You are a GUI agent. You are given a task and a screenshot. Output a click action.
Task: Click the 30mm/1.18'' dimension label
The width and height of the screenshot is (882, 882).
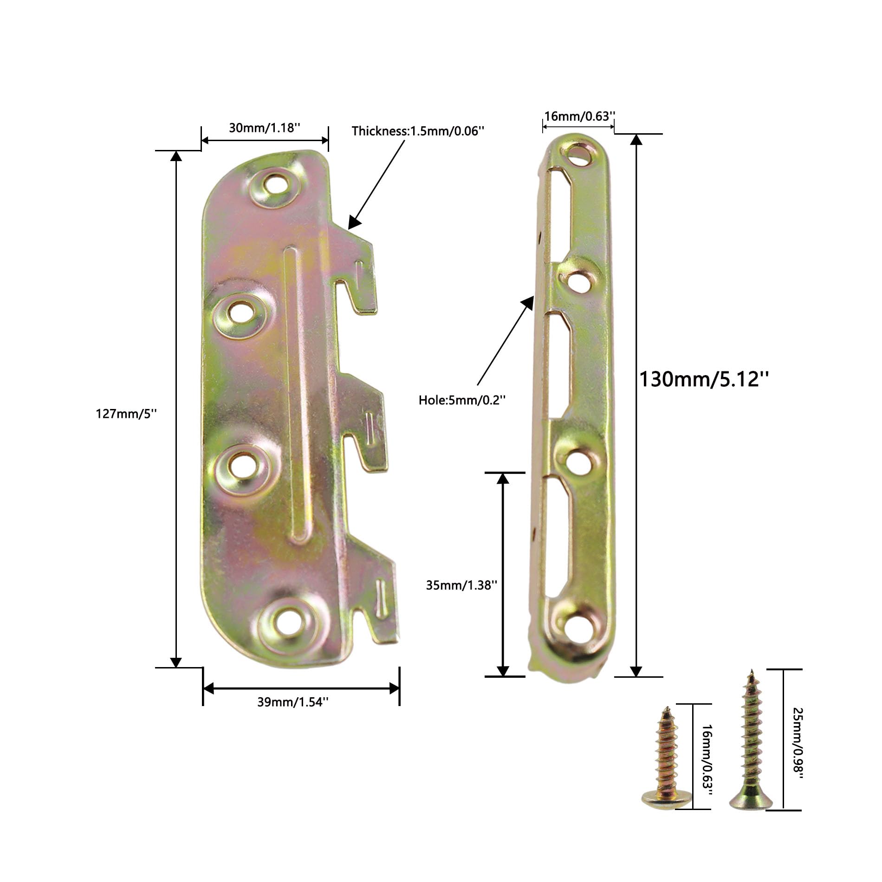click(x=265, y=128)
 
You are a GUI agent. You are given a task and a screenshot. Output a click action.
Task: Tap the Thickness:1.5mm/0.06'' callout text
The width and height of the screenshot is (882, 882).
click(x=418, y=131)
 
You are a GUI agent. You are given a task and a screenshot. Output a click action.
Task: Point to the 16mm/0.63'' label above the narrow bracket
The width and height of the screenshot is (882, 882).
click(x=580, y=116)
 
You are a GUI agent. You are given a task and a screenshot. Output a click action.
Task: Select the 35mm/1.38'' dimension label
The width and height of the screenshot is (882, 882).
click(x=462, y=585)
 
